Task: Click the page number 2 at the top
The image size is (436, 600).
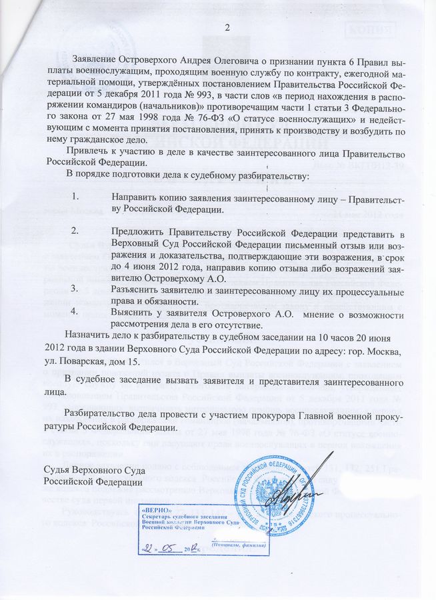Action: (x=227, y=27)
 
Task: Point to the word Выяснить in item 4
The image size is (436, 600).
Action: (x=135, y=313)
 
